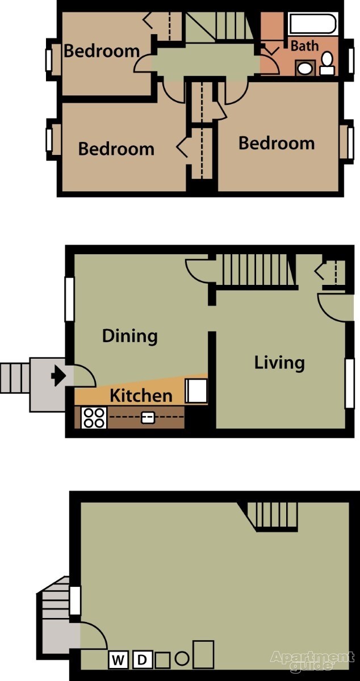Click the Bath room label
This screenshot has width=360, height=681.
coord(305,46)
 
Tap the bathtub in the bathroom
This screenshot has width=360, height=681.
coord(313,24)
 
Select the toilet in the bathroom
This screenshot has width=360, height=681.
coord(326,62)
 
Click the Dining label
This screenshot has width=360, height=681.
coord(129,336)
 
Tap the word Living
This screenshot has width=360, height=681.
coord(279,362)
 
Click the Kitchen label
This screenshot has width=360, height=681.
coord(141,395)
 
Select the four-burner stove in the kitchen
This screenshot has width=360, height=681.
coord(94,418)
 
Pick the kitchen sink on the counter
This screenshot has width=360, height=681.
coord(147,418)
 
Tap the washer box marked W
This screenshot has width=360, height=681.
coord(119,659)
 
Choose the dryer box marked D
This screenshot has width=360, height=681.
coord(143,659)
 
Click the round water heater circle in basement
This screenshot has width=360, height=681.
coord(182,659)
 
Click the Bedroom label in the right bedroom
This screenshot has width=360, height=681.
coord(277,143)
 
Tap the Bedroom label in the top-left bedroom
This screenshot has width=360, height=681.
coord(102,51)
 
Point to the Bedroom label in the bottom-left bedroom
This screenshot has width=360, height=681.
coord(116,149)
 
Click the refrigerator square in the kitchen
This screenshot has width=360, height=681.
coord(196,391)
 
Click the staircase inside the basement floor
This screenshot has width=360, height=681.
coord(276,516)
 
